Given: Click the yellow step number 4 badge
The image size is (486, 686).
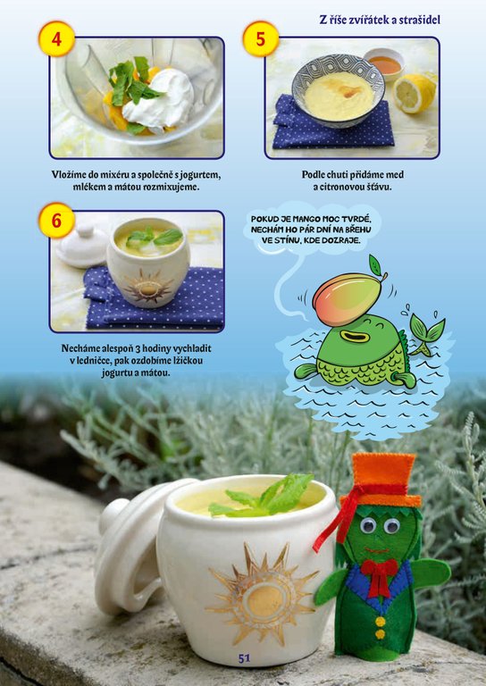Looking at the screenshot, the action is pyautogui.click(x=56, y=39).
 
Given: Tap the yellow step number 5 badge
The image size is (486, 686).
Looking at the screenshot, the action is pyautogui.click(x=261, y=39).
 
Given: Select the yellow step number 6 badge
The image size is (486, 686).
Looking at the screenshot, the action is pyautogui.click(x=56, y=220).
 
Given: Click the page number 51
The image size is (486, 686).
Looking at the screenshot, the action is pyautogui.click(x=244, y=658).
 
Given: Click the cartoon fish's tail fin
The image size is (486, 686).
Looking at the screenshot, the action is pyautogui.click(x=426, y=331).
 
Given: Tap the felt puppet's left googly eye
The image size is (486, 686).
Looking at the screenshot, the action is pyautogui.click(x=368, y=523).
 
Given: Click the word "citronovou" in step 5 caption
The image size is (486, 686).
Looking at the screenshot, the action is pyautogui.click(x=341, y=188).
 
